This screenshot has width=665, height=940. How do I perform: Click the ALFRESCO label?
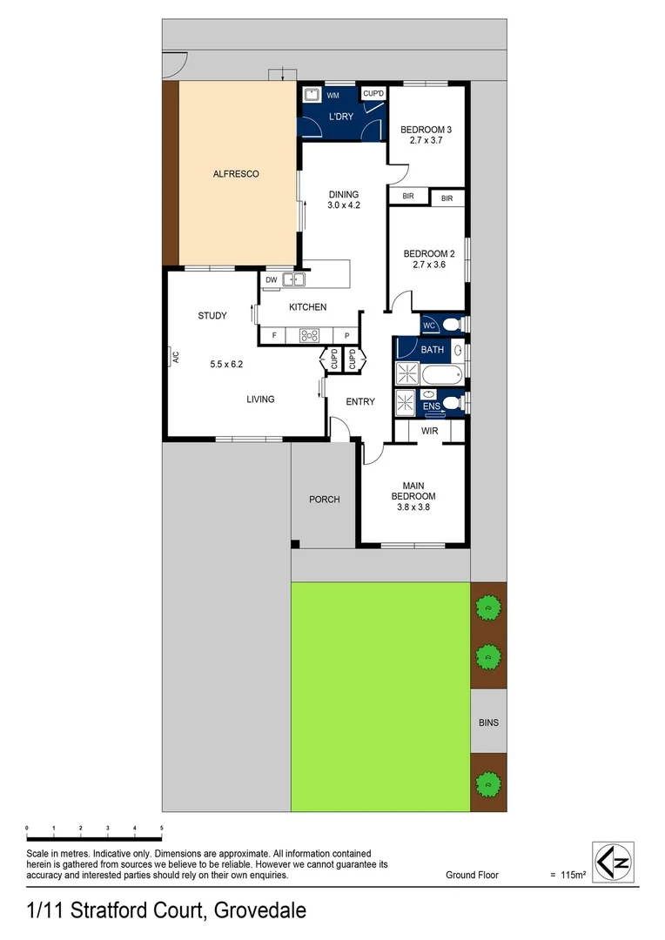236,174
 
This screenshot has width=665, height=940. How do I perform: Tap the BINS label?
488,722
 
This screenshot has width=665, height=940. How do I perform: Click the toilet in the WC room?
450,325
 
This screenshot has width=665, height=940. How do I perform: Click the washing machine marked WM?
332,95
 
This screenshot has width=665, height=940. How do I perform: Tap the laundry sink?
312,95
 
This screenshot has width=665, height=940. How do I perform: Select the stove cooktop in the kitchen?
311,335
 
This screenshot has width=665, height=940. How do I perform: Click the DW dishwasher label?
271,280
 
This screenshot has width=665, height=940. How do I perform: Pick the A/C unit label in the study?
174,356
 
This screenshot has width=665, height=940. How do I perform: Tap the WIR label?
429,431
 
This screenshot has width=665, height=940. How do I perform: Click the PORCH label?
324,500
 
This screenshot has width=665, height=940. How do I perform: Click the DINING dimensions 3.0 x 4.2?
344,205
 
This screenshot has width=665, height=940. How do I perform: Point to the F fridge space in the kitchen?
274,335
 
